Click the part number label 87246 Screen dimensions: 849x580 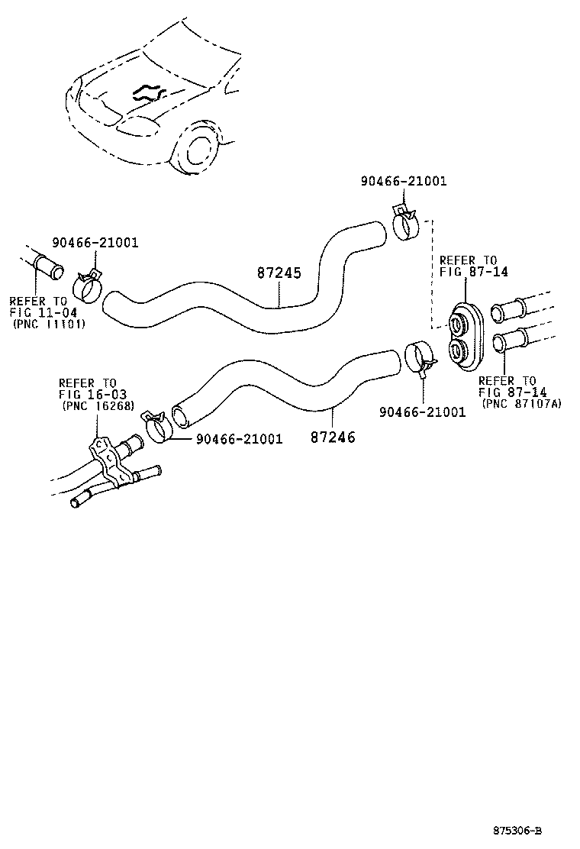point(333,437)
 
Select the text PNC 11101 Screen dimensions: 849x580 point(50,324)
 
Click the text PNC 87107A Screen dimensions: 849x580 point(521,403)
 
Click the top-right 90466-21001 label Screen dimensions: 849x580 point(404,181)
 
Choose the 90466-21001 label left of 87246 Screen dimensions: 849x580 point(240,439)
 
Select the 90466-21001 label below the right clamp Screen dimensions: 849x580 point(422,412)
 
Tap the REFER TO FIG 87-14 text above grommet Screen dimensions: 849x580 point(468,266)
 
